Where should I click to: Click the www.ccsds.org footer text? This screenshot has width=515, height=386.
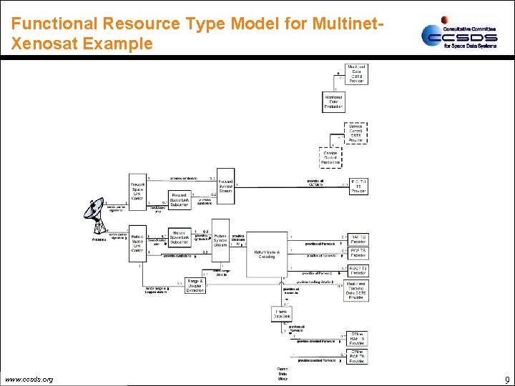pyautogui.click(x=29, y=379)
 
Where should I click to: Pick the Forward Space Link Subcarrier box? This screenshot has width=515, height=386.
pyautogui.click(x=180, y=199)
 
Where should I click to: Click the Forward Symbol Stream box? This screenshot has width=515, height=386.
pyautogui.click(x=225, y=186)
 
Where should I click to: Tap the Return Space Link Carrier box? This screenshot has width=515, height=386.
pyautogui.click(x=137, y=242)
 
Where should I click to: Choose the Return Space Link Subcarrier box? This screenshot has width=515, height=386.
pyautogui.click(x=180, y=238)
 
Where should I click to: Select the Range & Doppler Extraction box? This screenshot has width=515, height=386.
pyautogui.click(x=195, y=286)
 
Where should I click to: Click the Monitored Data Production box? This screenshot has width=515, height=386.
pyautogui.click(x=333, y=102)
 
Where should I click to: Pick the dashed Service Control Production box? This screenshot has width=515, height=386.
pyautogui.click(x=330, y=157)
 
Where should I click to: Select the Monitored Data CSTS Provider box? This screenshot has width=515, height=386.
pyautogui.click(x=357, y=74)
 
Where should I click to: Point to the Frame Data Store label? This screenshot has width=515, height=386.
pyautogui.click(x=283, y=374)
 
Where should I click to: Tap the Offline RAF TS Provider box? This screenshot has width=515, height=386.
pyautogui.click(x=357, y=337)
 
